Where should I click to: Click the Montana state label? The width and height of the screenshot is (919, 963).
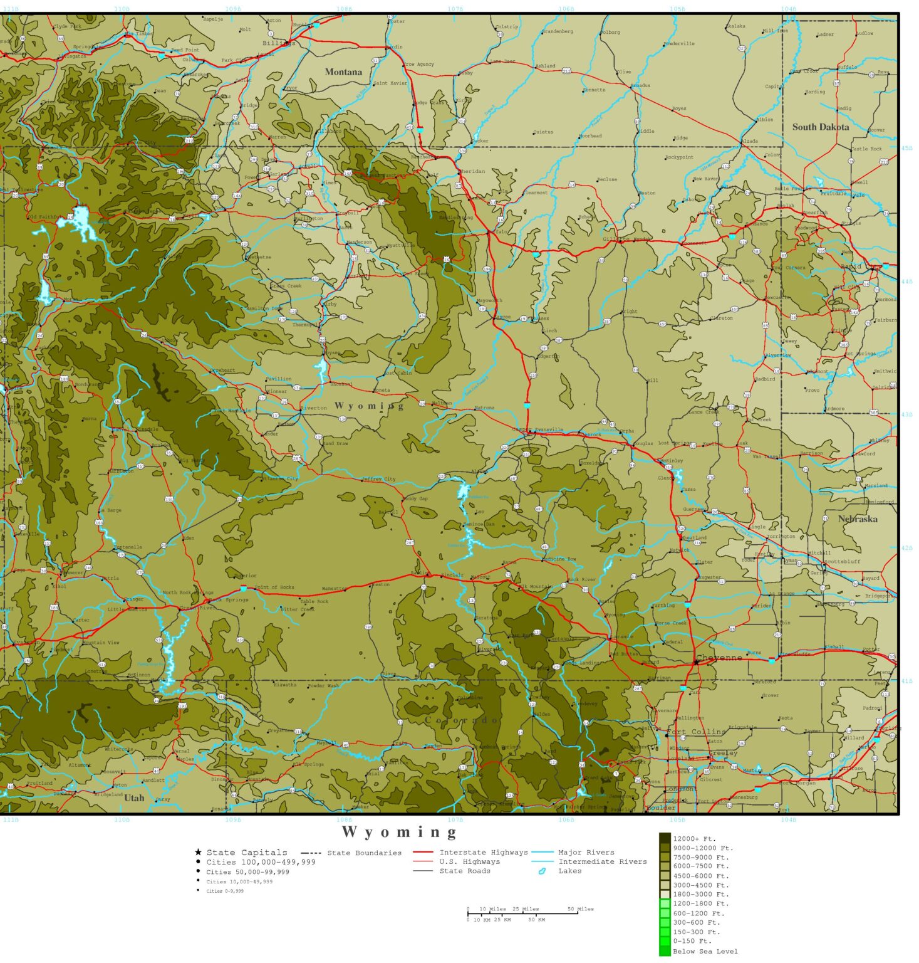pyautogui.click(x=343, y=72)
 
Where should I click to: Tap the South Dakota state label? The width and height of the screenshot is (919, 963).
pyautogui.click(x=821, y=127)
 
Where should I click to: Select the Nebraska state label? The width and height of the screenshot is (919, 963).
pyautogui.click(x=858, y=519)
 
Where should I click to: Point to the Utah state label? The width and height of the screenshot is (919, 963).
pyautogui.click(x=134, y=798)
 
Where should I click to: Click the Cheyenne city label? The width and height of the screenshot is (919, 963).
pyautogui.click(x=719, y=658)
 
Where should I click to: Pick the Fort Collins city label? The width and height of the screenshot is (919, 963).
pyautogui.click(x=696, y=732)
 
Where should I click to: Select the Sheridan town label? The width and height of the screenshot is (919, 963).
pyautogui.click(x=472, y=171)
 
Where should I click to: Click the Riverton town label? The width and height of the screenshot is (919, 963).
pyautogui.click(x=313, y=408)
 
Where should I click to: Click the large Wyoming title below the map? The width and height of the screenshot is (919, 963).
pyautogui.click(x=400, y=832)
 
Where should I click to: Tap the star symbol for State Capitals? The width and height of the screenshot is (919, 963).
pyautogui.click(x=198, y=852)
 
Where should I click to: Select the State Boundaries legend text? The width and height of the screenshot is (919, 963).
pyautogui.click(x=364, y=853)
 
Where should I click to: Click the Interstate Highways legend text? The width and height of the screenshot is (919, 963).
pyautogui.click(x=484, y=852)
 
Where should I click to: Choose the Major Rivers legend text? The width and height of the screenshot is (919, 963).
pyautogui.click(x=586, y=852)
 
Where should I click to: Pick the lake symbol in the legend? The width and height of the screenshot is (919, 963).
pyautogui.click(x=542, y=871)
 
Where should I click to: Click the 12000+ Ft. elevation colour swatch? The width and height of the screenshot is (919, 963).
pyautogui.click(x=665, y=838)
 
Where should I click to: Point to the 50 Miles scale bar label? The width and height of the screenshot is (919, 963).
pyautogui.click(x=581, y=908)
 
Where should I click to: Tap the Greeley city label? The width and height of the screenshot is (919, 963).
pyautogui.click(x=723, y=753)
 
